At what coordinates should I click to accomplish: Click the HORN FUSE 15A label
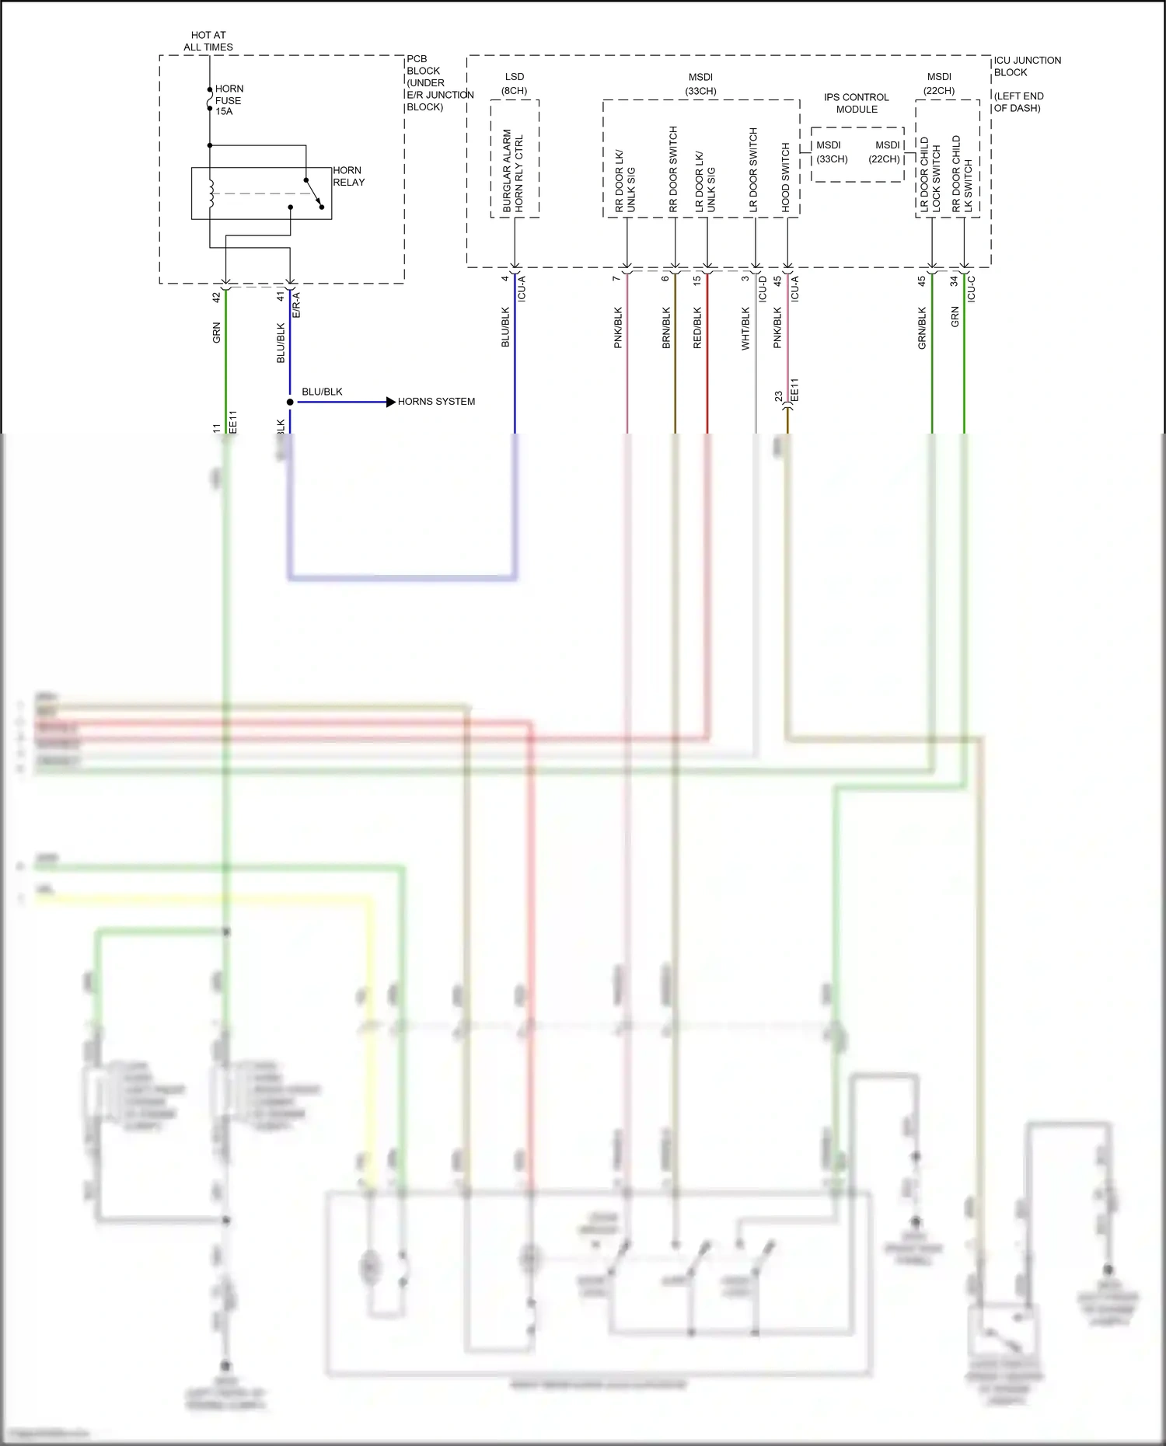point(229,100)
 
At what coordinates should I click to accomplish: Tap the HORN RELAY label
point(348,176)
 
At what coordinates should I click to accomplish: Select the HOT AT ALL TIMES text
point(208,41)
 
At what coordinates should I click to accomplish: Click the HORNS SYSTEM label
point(436,402)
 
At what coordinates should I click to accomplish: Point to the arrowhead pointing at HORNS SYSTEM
point(391,402)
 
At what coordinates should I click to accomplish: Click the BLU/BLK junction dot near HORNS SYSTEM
point(290,402)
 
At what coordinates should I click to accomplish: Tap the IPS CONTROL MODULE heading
point(857,103)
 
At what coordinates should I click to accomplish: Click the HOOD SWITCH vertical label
point(786,177)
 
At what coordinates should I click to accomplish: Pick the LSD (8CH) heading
point(515,83)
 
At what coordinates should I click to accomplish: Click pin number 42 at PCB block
point(217,297)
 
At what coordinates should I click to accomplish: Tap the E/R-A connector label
point(296,305)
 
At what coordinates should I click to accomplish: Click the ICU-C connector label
point(972,289)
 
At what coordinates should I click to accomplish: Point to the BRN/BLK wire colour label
point(666,328)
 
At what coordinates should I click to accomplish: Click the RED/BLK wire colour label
point(697,328)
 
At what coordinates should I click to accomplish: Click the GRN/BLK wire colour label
point(923,328)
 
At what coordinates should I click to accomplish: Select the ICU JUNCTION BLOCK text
point(1026,66)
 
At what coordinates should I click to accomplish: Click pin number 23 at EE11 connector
point(779,397)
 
